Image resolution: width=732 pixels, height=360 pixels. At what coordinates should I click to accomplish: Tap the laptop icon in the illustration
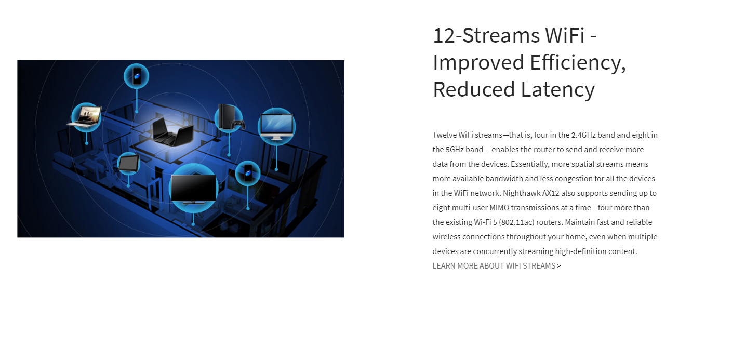pyautogui.click(x=85, y=116)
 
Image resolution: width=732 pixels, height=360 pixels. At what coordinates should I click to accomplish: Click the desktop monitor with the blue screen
pyautogui.click(x=276, y=126)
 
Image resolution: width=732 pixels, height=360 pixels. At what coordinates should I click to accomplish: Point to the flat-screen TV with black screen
pyautogui.click(x=193, y=189)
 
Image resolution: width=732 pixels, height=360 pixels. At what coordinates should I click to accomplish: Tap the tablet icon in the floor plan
pyautogui.click(x=128, y=163)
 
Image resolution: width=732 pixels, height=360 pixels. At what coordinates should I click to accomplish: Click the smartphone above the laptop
pyautogui.click(x=137, y=76)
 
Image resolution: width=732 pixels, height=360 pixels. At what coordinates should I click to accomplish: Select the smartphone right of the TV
pyautogui.click(x=248, y=173)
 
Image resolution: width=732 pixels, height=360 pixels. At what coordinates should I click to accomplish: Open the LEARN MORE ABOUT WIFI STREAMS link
pyautogui.click(x=497, y=266)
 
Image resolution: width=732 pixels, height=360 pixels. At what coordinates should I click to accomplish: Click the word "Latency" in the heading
pyautogui.click(x=558, y=89)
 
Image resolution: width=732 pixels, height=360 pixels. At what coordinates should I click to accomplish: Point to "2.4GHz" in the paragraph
pyautogui.click(x=583, y=135)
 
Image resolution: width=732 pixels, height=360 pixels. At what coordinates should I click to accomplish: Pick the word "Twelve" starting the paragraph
pyautogui.click(x=444, y=135)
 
